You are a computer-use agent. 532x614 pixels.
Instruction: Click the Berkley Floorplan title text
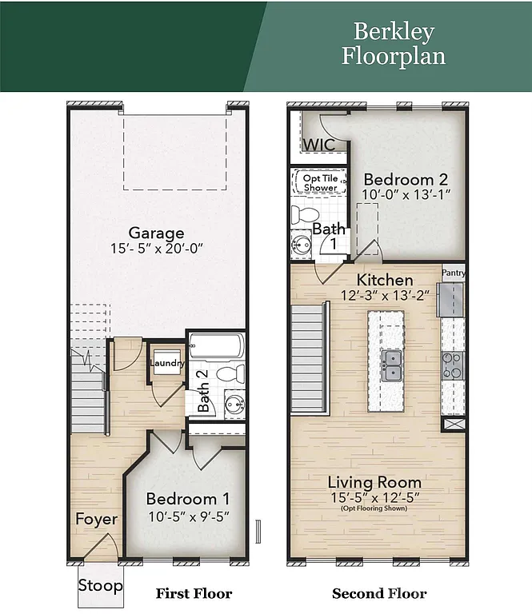click(x=393, y=44)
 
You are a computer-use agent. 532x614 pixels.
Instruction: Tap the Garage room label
click(x=157, y=233)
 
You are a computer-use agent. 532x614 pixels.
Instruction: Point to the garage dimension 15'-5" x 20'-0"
click(x=157, y=249)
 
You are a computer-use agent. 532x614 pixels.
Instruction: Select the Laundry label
click(x=167, y=364)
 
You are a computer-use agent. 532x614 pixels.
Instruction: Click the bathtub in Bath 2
click(x=216, y=348)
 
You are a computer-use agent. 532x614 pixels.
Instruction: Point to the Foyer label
click(x=96, y=519)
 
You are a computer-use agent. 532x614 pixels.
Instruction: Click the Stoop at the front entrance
click(x=101, y=586)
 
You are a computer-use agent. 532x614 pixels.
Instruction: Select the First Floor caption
click(x=193, y=593)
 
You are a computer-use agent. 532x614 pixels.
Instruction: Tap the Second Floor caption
click(x=379, y=593)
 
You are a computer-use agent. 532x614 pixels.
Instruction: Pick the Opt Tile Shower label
click(x=320, y=182)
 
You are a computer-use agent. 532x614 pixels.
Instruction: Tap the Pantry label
click(x=454, y=273)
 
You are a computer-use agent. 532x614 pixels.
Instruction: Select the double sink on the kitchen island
click(x=391, y=367)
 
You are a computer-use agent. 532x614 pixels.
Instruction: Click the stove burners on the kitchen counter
click(x=452, y=365)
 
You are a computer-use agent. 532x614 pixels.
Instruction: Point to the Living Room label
click(x=375, y=482)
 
